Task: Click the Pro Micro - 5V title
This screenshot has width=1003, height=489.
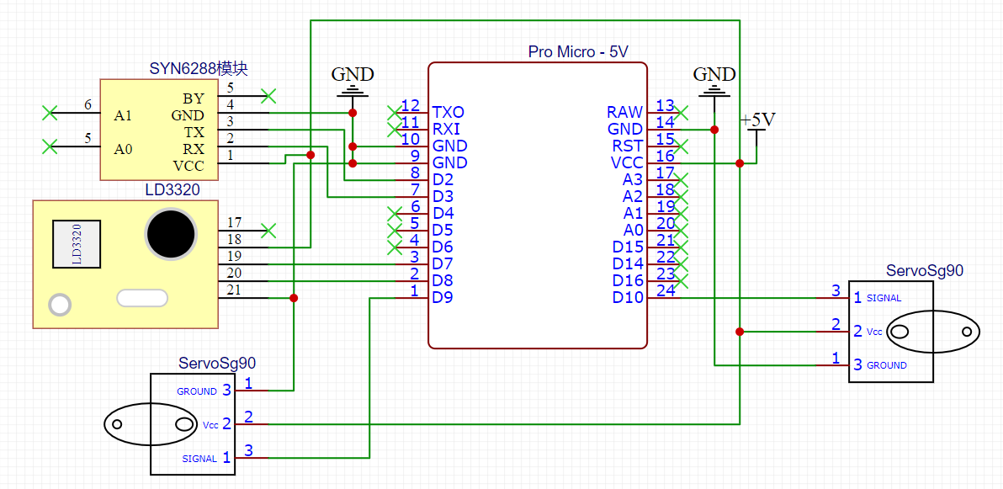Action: click(x=578, y=52)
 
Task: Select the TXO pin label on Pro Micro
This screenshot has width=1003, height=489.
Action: click(x=448, y=112)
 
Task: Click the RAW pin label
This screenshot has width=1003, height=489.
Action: click(x=624, y=112)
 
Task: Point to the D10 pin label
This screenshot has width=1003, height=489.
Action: click(x=628, y=297)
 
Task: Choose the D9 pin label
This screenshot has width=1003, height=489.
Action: click(x=443, y=297)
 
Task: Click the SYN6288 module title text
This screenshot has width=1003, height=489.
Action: click(x=199, y=68)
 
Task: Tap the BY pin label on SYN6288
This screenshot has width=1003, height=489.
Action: click(x=193, y=98)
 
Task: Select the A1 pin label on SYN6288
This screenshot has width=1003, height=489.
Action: click(x=124, y=115)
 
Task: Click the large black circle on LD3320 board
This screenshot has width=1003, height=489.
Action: click(x=172, y=233)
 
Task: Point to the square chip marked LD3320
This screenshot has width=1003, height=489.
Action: click(x=76, y=244)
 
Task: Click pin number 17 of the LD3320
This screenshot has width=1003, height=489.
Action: click(x=234, y=223)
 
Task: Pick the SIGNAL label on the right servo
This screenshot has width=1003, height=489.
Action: click(x=884, y=298)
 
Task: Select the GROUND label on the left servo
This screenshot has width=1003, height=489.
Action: click(x=197, y=391)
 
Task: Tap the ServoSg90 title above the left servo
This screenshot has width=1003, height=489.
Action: click(x=217, y=364)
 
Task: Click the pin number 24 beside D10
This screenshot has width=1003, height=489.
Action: click(x=666, y=290)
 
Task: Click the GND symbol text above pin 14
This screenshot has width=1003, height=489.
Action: click(x=714, y=74)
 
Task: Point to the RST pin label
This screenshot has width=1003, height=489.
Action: click(x=625, y=146)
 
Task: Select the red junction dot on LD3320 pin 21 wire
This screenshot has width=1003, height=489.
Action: click(x=294, y=298)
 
